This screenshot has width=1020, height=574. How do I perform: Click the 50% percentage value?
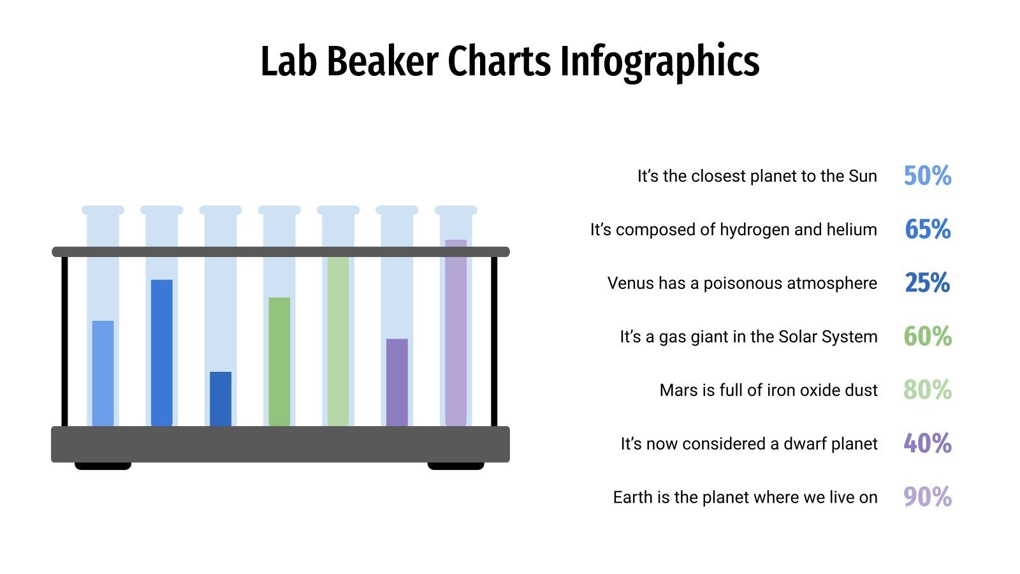coord(928,176)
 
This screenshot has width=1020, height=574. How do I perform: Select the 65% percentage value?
coord(928,230)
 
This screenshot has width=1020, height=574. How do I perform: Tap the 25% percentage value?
coord(928,283)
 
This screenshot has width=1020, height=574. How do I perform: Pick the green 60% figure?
coord(928,337)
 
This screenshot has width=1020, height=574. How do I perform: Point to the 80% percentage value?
coord(928,390)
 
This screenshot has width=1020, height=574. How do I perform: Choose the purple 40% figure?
coord(928,444)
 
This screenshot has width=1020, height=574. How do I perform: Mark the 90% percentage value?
coord(928,497)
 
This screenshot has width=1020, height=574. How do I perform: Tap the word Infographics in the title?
coord(660,62)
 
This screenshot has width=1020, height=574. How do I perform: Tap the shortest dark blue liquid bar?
coord(221,399)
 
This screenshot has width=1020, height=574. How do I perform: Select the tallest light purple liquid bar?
coord(456,332)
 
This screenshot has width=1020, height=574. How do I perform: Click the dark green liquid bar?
coord(279,361)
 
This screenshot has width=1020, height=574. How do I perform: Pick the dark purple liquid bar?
coord(397,381)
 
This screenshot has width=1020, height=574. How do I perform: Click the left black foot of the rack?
coord(103,466)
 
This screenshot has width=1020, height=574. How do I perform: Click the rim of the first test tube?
coord(103,210)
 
